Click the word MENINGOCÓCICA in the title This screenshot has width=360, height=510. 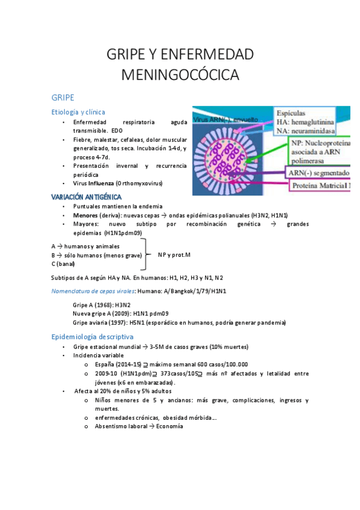tap(180, 75)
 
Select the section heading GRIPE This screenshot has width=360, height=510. tap(63, 97)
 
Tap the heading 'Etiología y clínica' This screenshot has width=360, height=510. tap(79, 112)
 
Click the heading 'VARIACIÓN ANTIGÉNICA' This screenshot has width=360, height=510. tap(87, 197)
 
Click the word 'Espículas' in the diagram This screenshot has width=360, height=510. tap(293, 112)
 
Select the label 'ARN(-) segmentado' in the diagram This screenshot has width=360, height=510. tap(319, 173)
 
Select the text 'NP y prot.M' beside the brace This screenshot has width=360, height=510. tap(174, 255)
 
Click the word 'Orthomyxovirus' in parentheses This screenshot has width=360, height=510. tap(140, 183)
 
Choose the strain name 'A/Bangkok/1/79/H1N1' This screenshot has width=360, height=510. tap(198, 291)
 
